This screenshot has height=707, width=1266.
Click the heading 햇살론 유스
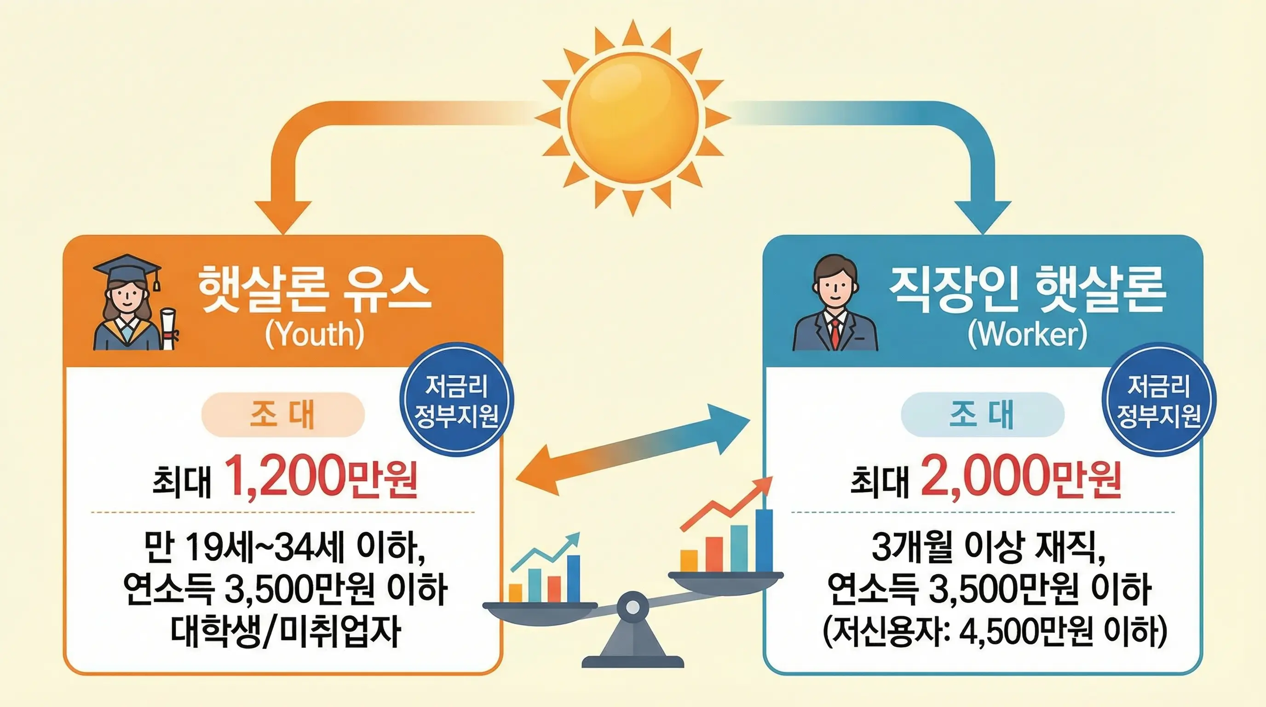(315, 290)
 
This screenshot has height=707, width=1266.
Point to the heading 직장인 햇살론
(1027, 290)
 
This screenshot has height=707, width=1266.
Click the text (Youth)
(315, 335)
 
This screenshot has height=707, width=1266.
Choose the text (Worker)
(1027, 335)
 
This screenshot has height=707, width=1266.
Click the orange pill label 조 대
(282, 414)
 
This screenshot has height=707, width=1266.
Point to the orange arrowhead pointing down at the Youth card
(283, 216)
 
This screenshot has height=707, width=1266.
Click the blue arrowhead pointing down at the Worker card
(983, 216)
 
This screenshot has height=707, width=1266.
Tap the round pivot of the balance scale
(633, 608)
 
